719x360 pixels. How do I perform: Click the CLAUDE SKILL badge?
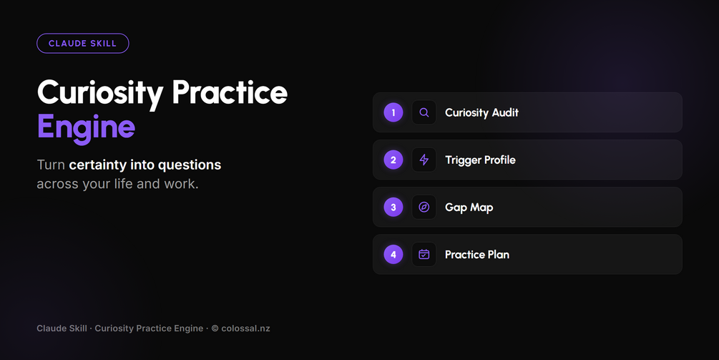[82, 44]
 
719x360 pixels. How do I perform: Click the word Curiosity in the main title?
[100, 94]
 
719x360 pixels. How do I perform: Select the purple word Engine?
[86, 127]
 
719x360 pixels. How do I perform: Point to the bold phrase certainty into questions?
[145, 165]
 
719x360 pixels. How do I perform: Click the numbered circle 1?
[393, 112]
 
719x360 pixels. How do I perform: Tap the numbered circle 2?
[393, 160]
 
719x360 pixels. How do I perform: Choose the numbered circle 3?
[393, 208]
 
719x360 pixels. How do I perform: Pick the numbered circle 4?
[393, 255]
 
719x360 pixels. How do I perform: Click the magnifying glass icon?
[424, 112]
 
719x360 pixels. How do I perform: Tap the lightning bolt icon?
[424, 160]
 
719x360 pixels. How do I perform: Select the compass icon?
[424, 208]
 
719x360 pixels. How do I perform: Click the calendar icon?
[424, 255]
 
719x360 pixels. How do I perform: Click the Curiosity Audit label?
[481, 113]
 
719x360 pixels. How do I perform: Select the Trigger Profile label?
[480, 160]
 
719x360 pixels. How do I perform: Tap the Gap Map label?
[469, 208]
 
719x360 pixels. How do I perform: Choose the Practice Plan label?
[477, 255]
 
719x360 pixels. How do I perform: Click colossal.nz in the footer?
[246, 329]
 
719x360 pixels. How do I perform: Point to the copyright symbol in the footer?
[215, 329]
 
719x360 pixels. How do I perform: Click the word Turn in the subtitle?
[51, 165]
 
